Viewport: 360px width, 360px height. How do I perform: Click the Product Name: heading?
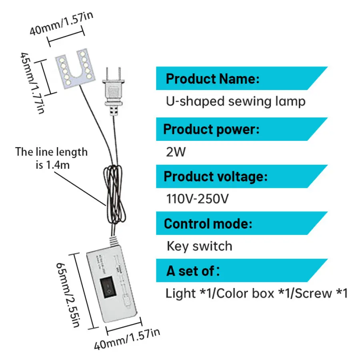(x=212, y=78)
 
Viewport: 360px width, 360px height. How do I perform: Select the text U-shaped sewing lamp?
(x=236, y=101)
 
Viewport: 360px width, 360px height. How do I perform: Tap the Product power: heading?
(x=212, y=130)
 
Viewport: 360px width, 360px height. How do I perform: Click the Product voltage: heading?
(x=216, y=176)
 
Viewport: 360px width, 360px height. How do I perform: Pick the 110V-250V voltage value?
(x=197, y=199)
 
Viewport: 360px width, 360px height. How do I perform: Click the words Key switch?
(x=199, y=246)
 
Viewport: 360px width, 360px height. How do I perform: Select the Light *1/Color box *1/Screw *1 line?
(x=256, y=294)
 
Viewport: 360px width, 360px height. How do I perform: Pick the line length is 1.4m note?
(x=51, y=158)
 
